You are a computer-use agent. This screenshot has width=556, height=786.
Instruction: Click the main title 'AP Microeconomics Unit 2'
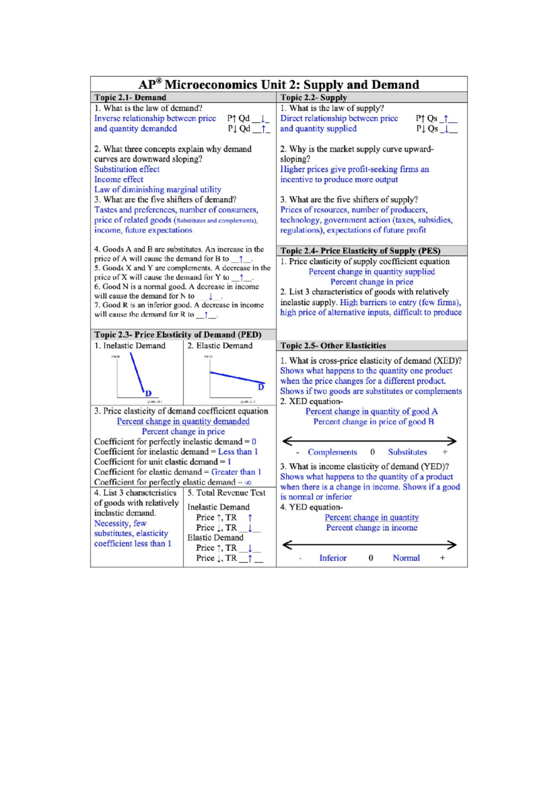pyautogui.click(x=278, y=85)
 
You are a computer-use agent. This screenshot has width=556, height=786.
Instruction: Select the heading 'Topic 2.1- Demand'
pyautogui.click(x=130, y=98)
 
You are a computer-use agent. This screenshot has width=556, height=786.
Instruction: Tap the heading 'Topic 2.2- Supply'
pyautogui.click(x=314, y=98)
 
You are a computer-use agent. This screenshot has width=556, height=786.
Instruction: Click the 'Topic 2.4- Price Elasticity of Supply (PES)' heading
pyautogui.click(x=360, y=251)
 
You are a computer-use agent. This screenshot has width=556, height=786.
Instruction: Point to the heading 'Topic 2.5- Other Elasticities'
pyautogui.click(x=333, y=346)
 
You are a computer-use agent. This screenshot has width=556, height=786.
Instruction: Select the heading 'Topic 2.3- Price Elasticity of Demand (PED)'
pyautogui.click(x=178, y=335)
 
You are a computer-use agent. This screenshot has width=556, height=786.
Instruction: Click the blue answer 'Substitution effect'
pyautogui.click(x=127, y=169)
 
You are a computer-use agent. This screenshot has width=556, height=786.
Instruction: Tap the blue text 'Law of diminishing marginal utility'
pyautogui.click(x=158, y=190)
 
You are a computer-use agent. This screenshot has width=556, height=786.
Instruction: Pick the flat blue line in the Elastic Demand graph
pyautogui.click(x=236, y=377)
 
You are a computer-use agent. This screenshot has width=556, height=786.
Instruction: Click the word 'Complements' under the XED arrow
pyautogui.click(x=332, y=452)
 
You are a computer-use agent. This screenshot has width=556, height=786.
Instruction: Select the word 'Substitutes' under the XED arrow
pyautogui.click(x=407, y=452)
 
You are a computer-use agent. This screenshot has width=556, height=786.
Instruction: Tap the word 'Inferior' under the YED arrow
pyautogui.click(x=333, y=558)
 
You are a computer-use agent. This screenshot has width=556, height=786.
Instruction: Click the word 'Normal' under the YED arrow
pyautogui.click(x=406, y=558)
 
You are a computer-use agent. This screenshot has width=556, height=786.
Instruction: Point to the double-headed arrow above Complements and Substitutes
pyautogui.click(x=369, y=441)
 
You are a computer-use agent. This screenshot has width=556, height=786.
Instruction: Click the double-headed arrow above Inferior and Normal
pyautogui.click(x=369, y=545)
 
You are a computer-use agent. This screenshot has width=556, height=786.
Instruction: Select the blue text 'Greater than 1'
pyautogui.click(x=236, y=472)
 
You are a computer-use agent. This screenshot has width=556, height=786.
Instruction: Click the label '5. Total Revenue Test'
pyautogui.click(x=226, y=493)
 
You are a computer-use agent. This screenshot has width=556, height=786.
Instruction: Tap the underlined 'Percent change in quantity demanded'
pyautogui.click(x=183, y=422)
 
